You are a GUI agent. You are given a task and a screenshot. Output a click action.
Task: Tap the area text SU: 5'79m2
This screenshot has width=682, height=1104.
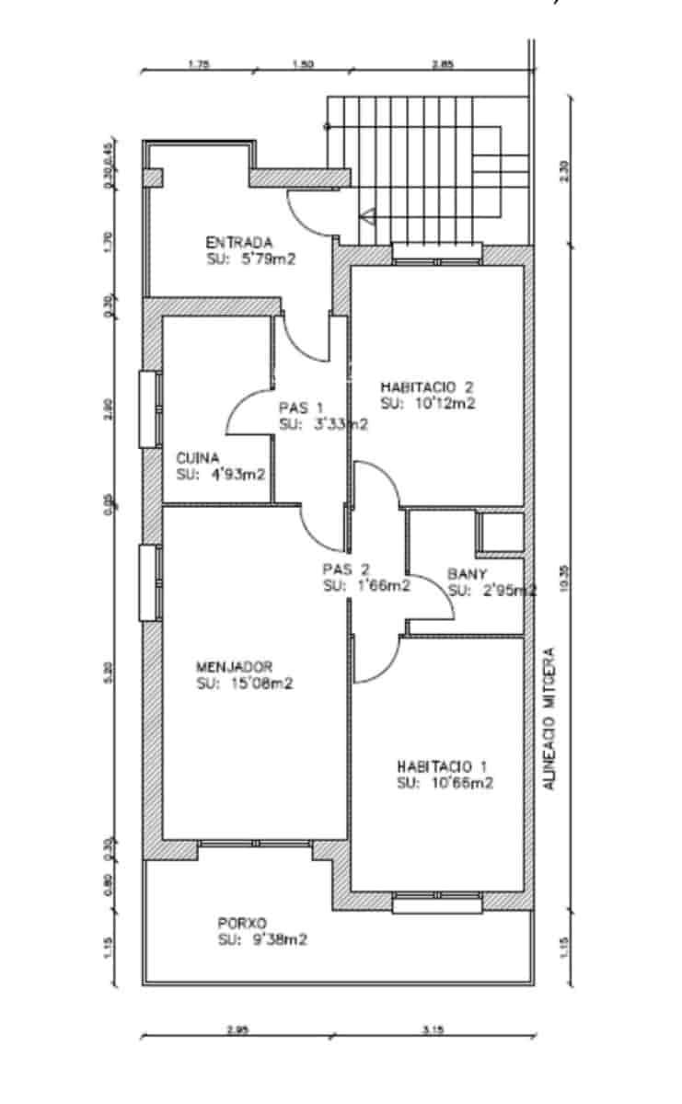coord(251,259)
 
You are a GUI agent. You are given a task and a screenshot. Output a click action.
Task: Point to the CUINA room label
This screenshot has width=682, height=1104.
coord(195,457)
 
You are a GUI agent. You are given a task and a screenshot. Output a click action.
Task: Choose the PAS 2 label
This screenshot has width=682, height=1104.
coord(345,569)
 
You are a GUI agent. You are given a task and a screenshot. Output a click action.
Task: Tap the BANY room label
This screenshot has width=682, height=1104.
coord(468,573)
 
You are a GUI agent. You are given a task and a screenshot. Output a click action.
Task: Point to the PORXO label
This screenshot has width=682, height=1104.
coord(242,923)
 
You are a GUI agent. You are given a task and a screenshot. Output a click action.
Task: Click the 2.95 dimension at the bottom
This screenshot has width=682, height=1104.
coord(237,1031)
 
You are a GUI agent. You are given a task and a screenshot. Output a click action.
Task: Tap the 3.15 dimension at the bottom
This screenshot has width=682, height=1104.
coord(433,1031)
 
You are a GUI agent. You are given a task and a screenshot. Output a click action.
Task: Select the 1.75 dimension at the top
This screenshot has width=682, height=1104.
coord(198,64)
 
